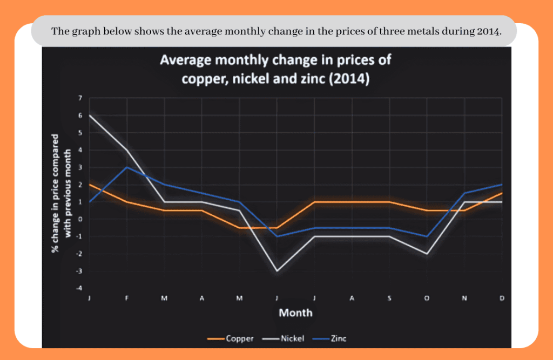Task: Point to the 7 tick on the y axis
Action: (80, 98)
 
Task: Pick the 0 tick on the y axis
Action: (80, 219)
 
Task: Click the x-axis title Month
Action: (295, 313)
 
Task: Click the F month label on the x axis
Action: (126, 298)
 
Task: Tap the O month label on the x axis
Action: (427, 298)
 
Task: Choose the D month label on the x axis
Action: (502, 298)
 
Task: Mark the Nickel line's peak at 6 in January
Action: (89, 116)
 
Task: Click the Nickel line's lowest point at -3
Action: (277, 271)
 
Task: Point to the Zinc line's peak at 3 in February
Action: (126, 167)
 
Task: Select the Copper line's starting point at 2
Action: (89, 185)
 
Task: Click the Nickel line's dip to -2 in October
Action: (427, 254)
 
